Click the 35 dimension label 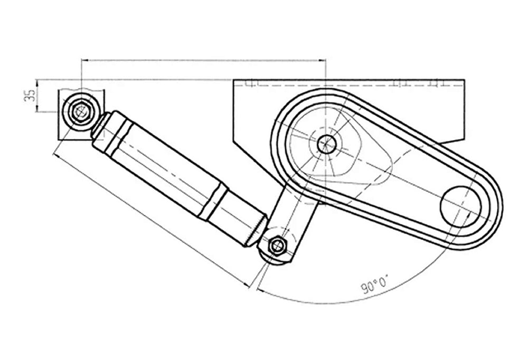coord(31,96)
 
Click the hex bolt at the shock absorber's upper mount coord(81,111)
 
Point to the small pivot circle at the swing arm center coord(327,143)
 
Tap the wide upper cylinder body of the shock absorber coord(158,164)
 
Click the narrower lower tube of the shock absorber coord(238,216)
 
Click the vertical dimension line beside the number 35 coord(37,96)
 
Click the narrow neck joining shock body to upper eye coord(99,125)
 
